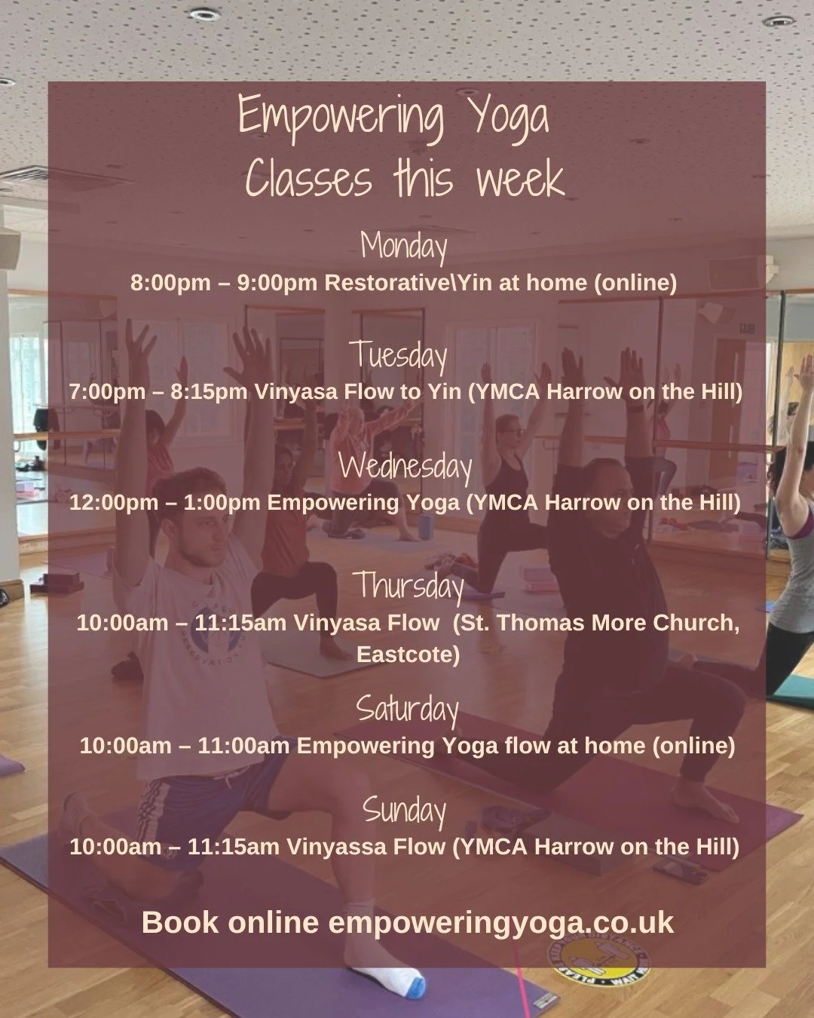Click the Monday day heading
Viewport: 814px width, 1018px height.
(x=404, y=246)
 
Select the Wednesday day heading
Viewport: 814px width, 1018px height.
(x=405, y=466)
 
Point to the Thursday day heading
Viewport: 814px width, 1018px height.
(x=409, y=586)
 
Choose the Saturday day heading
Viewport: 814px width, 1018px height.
(x=407, y=709)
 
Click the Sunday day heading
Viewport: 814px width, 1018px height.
(x=405, y=810)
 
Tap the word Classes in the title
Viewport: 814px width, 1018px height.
(x=309, y=179)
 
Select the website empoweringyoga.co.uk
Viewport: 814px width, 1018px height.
(x=501, y=923)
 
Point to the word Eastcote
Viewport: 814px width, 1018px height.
(x=408, y=654)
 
